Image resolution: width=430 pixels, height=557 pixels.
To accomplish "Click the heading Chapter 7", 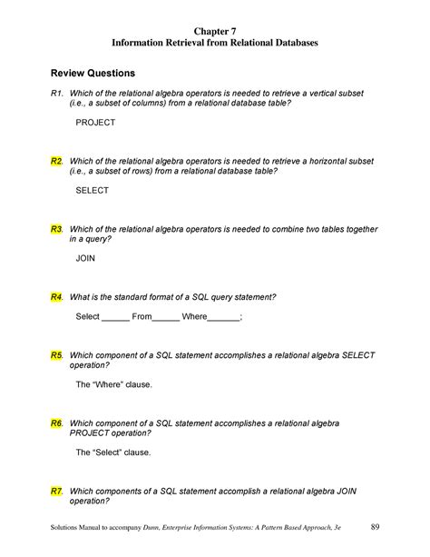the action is pyautogui.click(x=214, y=30).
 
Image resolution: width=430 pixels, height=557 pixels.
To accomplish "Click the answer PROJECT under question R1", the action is pyautogui.click(x=95, y=122).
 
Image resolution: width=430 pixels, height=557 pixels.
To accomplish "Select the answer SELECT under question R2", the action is pyautogui.click(x=92, y=191).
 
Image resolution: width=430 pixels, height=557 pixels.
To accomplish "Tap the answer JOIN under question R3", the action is pyautogui.click(x=85, y=258).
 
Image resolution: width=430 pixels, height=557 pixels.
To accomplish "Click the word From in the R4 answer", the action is pyautogui.click(x=143, y=316).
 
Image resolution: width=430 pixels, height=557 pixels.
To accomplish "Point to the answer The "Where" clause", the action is pyautogui.click(x=113, y=384).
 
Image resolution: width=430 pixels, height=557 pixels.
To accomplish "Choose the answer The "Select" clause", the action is pyautogui.click(x=113, y=452).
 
